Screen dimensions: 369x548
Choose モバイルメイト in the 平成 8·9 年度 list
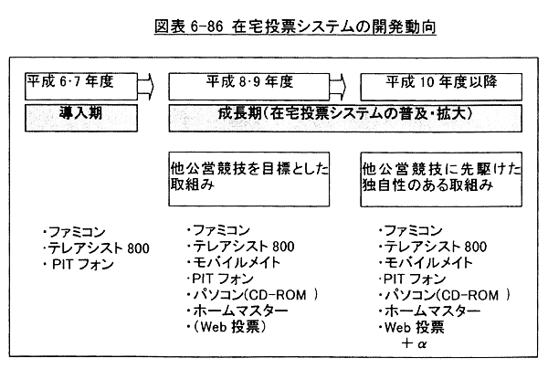[241, 261]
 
